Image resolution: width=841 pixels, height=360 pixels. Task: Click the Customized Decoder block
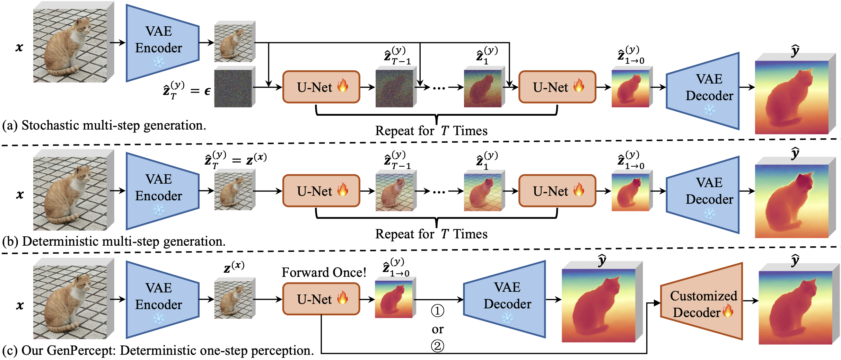[702, 301]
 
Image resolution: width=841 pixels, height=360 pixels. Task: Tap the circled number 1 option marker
[437, 311]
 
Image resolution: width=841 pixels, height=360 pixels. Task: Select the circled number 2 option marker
[437, 345]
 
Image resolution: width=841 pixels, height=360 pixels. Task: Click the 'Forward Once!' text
[324, 272]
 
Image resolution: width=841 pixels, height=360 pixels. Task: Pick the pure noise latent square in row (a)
[233, 89]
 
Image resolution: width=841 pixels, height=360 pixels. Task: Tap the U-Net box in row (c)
[321, 299]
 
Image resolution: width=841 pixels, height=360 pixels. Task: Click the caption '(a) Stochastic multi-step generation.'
[104, 125]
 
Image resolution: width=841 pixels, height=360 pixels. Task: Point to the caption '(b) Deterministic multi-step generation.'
[114, 242]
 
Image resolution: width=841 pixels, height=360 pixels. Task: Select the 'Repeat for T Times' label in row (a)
[431, 131]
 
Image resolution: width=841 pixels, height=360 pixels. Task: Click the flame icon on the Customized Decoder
[728, 310]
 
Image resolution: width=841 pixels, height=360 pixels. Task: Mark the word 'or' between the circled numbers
[437, 329]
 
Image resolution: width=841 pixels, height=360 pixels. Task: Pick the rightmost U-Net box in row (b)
[557, 191]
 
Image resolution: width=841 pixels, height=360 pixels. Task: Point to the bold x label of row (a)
[19, 47]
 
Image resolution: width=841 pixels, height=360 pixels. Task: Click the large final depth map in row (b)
[792, 201]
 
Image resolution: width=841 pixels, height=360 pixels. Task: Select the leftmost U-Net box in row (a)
[321, 87]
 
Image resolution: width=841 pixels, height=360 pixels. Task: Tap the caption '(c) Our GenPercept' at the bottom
[158, 351]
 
